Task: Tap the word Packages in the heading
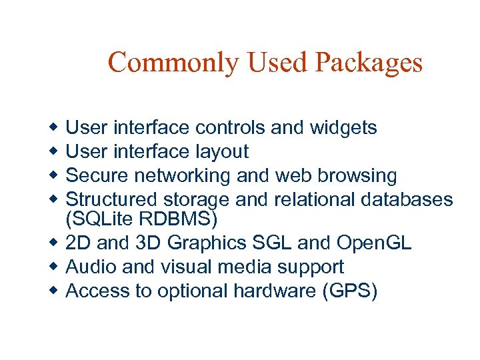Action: [x=369, y=63]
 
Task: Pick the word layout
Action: [x=222, y=151]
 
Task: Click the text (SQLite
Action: [x=96, y=218]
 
